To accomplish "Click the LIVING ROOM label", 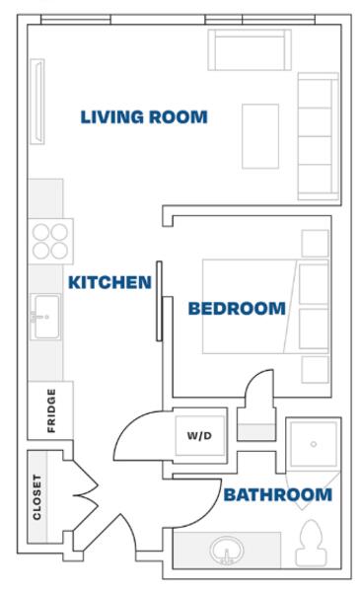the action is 144,116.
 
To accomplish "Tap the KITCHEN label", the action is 109,282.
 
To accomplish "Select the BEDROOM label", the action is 237,309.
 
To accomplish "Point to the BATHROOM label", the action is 278,494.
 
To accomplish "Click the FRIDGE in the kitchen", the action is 50,410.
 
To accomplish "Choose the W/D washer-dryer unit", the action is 199,436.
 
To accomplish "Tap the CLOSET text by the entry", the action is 36,497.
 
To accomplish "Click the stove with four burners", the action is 50,241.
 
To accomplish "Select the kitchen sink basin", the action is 45,317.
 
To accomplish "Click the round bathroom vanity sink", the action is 227,551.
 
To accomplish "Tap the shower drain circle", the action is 314,444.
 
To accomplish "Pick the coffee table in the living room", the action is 260,136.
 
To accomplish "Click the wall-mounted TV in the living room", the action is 37,102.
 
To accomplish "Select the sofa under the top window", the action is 250,50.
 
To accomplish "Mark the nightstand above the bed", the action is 315,243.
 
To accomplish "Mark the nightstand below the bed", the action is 315,370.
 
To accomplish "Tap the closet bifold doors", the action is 86,494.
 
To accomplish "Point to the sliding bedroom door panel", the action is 159,301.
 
